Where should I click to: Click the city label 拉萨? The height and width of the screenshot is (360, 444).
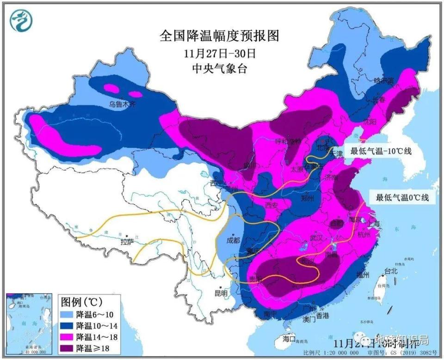click(127, 242)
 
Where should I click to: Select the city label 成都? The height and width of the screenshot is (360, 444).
click(233, 240)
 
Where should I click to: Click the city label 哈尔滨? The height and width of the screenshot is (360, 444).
click(383, 80)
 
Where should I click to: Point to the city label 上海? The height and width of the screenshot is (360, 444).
click(374, 224)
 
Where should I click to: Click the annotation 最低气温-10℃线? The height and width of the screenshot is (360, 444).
click(381, 151)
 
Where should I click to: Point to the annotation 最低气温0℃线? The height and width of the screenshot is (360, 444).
click(402, 197)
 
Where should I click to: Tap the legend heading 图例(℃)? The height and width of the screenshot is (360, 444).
click(82, 303)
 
